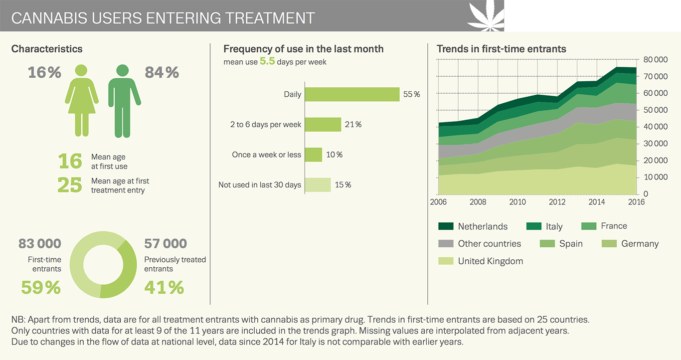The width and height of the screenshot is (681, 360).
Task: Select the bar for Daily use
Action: coord(352,94)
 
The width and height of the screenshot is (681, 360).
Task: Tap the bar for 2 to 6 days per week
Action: coord(323,125)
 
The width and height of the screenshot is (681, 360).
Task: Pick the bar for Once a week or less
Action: coord(313,155)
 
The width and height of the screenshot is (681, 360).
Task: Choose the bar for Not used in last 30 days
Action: coord(318,185)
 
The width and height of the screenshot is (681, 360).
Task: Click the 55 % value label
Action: coord(411,94)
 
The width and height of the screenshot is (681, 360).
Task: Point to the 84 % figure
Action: coord(162,73)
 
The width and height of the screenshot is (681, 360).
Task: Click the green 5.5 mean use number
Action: coord(267,62)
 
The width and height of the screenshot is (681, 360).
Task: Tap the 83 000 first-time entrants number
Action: coord(39,244)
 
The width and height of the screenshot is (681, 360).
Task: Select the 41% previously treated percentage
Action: coord(164,288)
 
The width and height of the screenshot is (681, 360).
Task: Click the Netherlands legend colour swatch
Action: coord(446,226)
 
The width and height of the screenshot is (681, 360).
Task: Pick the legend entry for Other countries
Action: coord(489,244)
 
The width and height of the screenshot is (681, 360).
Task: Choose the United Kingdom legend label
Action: coord(490,261)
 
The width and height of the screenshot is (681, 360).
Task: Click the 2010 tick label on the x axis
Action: coord(517,202)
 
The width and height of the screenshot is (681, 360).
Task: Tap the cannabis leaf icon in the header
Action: coord(486,15)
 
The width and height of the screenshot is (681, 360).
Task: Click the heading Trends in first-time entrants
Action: coord(501,49)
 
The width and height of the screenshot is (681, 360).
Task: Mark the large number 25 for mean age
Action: coord(69,185)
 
